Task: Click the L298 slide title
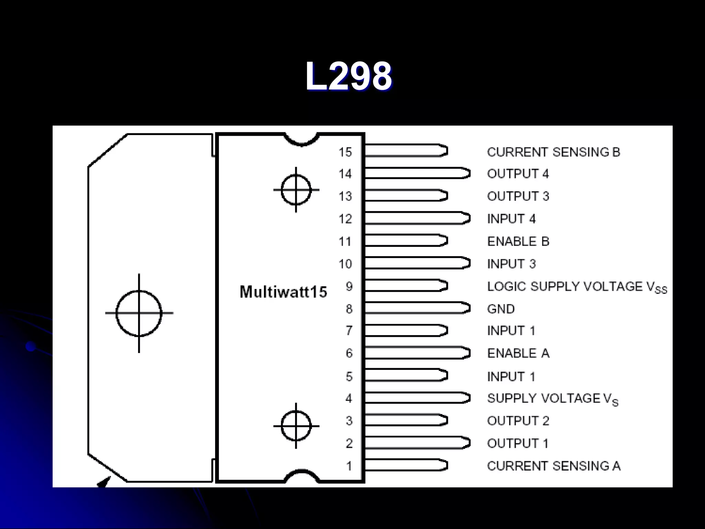tap(348, 76)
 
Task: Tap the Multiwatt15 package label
tap(283, 292)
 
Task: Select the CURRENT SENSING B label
tap(554, 152)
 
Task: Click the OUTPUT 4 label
tap(518, 174)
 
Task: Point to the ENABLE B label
tap(518, 241)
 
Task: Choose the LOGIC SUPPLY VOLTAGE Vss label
tap(577, 287)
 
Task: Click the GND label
tap(501, 309)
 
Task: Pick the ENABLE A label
tap(518, 353)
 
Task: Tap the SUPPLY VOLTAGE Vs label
tap(553, 399)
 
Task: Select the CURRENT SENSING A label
tap(554, 466)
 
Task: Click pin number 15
tap(345, 152)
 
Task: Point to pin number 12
tap(345, 219)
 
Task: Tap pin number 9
tap(349, 286)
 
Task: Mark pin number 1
tap(349, 466)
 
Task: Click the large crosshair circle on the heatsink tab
tap(139, 313)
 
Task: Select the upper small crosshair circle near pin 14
tap(296, 190)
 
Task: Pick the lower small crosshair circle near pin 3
tap(296, 426)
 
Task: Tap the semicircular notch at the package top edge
tap(302, 139)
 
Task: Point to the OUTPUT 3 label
tap(518, 196)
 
